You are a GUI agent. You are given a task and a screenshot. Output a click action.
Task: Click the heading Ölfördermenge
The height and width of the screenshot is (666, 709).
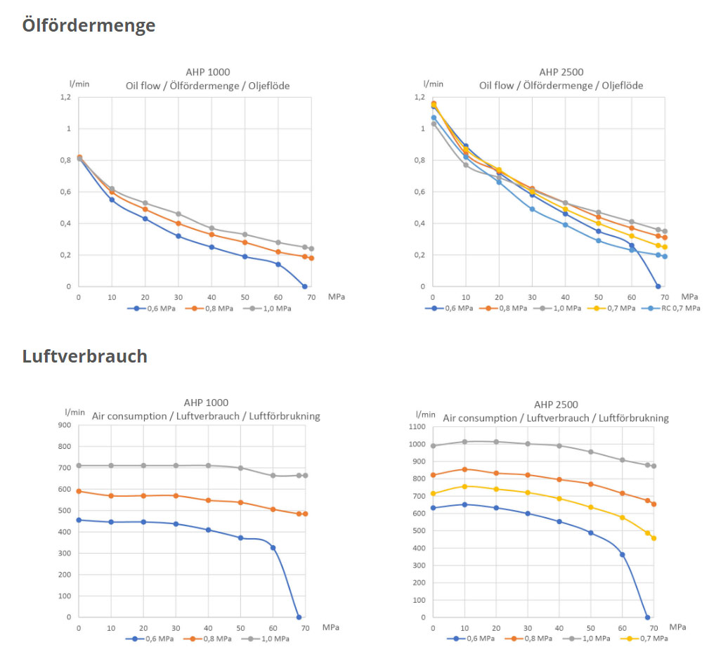89,26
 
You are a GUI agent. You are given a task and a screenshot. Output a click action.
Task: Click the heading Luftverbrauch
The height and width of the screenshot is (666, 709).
85,356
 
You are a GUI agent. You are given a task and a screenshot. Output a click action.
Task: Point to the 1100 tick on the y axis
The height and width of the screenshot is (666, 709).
417,426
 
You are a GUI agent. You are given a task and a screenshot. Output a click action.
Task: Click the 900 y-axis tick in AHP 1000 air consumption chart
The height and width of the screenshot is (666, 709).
65,425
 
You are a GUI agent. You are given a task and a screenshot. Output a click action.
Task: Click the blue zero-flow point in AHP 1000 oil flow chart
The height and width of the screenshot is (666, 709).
304,286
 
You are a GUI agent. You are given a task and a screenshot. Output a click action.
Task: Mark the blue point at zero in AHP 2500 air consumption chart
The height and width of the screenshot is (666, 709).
647,617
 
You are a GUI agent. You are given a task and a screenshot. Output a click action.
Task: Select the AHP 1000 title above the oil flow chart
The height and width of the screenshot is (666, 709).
207,72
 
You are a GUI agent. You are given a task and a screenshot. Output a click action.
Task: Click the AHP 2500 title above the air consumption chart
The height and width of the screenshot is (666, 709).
556,405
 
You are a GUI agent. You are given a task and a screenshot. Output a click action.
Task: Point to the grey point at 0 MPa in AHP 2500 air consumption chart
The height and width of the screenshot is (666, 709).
434,445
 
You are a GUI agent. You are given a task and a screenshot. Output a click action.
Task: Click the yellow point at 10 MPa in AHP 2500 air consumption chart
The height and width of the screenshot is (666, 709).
464,486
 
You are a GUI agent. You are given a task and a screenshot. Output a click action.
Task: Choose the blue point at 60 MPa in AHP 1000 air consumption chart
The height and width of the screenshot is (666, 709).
273,547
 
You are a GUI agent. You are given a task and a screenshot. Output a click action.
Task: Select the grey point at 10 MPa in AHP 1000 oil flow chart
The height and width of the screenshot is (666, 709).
111,189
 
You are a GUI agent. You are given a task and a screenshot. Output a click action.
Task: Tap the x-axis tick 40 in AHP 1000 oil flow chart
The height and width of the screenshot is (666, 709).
211,297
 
